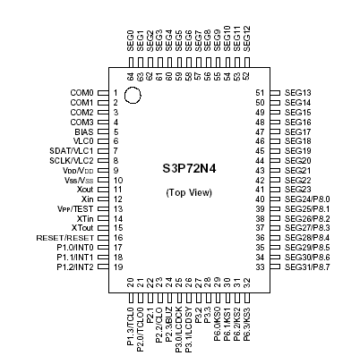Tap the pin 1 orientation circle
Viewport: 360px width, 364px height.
(x=133, y=96)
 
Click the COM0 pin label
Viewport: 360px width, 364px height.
(x=81, y=93)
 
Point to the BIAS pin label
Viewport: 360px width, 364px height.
(x=84, y=131)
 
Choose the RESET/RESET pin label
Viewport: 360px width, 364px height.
(x=65, y=238)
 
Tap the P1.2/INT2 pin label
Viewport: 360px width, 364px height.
(x=75, y=267)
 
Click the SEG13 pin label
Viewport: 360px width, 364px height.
(x=297, y=93)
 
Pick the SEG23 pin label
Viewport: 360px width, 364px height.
(x=297, y=190)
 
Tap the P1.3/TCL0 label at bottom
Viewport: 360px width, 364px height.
(x=131, y=326)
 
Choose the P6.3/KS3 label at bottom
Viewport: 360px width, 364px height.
(x=246, y=325)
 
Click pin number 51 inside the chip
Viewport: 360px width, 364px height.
(x=260, y=93)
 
